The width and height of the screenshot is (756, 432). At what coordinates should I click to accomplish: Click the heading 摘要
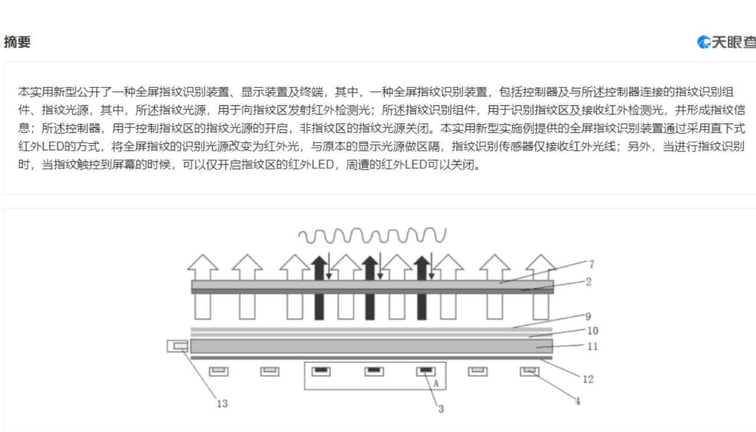coord(17,43)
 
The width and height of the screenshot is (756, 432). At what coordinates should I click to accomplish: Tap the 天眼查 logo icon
coord(704,42)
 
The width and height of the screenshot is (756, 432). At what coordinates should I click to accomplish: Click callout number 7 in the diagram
coord(591,264)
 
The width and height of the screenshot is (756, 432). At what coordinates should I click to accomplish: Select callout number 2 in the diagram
coord(589,282)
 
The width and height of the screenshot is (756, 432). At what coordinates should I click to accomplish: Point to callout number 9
coord(588,316)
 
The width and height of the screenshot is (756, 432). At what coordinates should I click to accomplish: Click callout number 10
coord(593,331)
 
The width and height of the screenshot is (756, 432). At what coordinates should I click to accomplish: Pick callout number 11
coord(592,346)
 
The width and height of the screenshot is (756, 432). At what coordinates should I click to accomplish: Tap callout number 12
coord(588,380)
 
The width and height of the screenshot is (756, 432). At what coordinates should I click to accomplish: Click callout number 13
coord(222,403)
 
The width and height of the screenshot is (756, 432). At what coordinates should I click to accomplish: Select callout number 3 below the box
coord(441,409)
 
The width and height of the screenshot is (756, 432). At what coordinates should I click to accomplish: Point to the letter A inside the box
coord(436,384)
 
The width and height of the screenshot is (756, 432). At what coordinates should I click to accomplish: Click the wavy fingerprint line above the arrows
coord(372,235)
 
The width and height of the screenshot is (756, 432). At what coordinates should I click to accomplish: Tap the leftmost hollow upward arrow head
coord(203,263)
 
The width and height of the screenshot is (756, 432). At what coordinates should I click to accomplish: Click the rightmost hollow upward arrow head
coord(541,263)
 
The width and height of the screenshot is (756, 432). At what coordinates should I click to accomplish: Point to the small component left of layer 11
coord(178,346)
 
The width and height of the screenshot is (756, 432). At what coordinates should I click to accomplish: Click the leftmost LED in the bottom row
coord(219,371)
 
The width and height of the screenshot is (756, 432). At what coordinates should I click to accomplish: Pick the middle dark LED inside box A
coord(374,371)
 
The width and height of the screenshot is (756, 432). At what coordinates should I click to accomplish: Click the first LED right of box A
coord(477,371)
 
